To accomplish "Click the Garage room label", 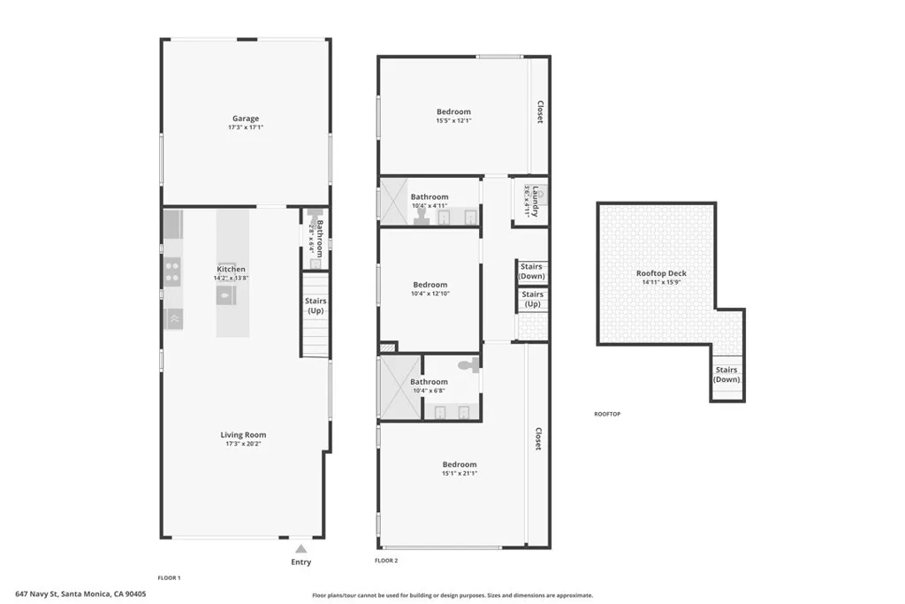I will (246, 119).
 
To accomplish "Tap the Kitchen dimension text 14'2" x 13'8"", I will (231, 278).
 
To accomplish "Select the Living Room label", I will (243, 434).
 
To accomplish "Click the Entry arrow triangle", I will (300, 549).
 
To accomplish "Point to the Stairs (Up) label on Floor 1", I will (316, 306).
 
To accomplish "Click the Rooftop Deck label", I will (661, 273).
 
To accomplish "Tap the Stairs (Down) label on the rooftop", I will (726, 375).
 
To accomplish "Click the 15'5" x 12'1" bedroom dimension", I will (453, 121).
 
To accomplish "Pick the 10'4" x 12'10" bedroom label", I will (430, 285).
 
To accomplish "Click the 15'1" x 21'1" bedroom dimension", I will (460, 473).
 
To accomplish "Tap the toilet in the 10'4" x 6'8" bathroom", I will (468, 363).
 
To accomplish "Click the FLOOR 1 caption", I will (169, 577).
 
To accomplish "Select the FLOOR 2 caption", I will (386, 561).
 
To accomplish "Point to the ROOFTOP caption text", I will (607, 414).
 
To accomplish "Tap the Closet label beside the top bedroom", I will (539, 111).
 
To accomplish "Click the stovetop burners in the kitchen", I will (173, 269).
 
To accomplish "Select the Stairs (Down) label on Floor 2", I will (532, 271).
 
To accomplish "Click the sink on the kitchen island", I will (225, 297).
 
